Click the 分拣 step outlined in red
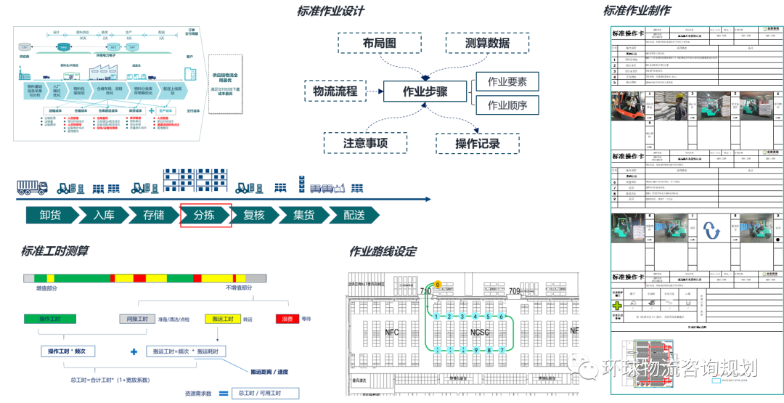coord(206,215)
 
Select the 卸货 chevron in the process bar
coord(50,215)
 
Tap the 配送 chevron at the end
coord(354,215)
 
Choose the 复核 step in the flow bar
coord(254,215)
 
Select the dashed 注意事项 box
coord(365,143)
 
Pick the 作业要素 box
coord(507,81)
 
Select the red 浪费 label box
coord(286,319)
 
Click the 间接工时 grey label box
coord(138,319)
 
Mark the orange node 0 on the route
coord(438,285)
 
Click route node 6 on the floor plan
coord(502,317)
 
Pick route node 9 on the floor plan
coord(475,350)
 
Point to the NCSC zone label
coord(481,332)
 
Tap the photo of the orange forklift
coord(628,106)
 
